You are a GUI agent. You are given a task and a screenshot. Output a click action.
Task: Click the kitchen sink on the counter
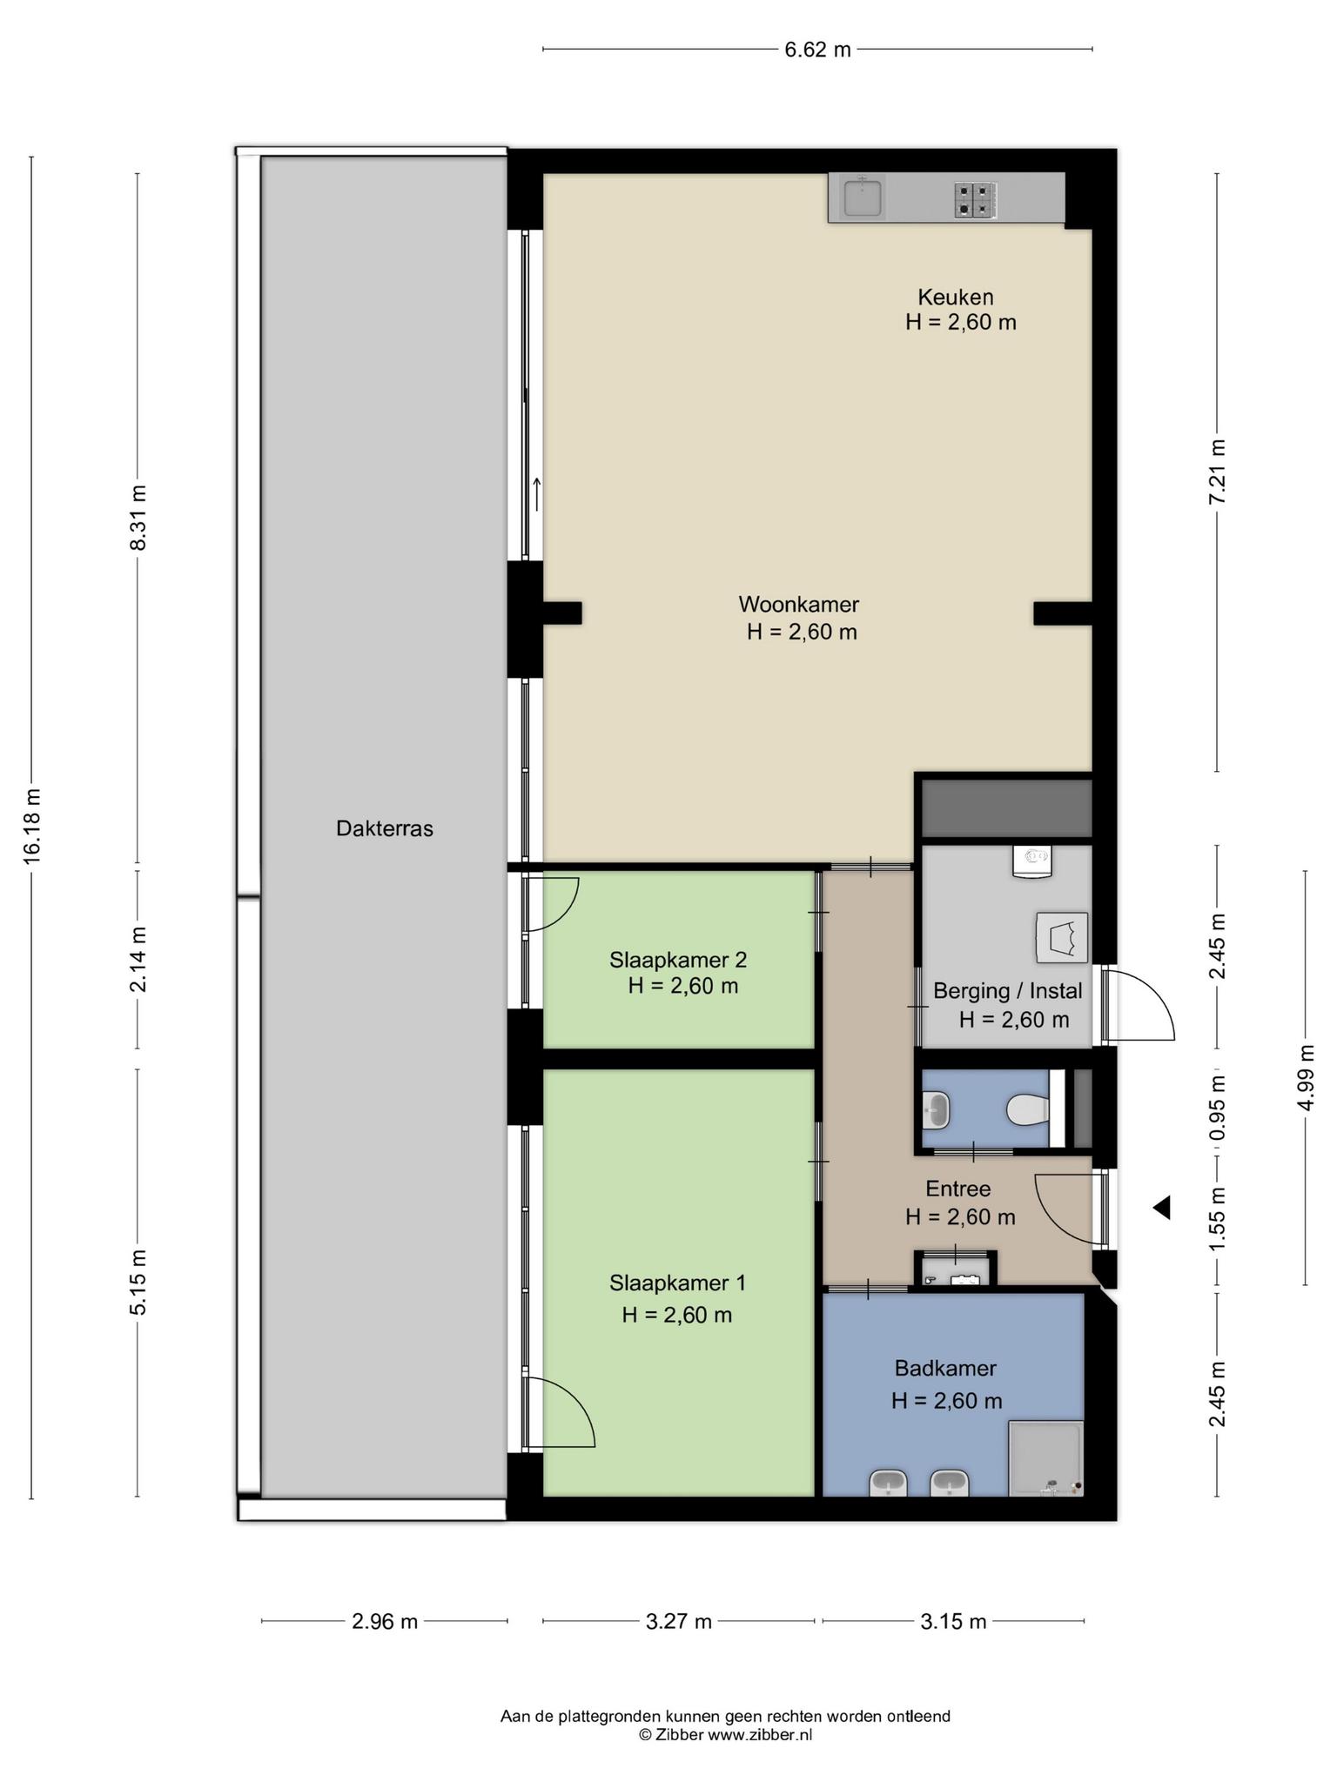[862, 198]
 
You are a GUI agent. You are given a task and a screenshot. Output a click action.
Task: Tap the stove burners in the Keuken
[975, 199]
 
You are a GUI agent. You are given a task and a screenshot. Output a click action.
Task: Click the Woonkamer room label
[799, 604]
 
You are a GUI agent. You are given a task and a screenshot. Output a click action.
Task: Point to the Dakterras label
[385, 828]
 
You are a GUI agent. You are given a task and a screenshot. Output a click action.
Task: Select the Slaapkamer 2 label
[678, 960]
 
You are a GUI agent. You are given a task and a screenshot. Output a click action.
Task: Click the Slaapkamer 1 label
[678, 1283]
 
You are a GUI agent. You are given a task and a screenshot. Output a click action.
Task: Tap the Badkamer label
[945, 1368]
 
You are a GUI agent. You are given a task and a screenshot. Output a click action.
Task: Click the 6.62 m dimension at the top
[818, 50]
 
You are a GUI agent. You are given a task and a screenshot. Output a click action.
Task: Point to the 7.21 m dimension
[1218, 471]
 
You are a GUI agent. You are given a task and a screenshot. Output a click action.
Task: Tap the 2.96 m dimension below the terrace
[385, 1622]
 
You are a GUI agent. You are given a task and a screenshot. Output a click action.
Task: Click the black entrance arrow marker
[1161, 1208]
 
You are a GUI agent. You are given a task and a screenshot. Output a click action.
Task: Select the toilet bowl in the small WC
[1028, 1109]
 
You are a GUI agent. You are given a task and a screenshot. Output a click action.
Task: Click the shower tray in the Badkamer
[1046, 1459]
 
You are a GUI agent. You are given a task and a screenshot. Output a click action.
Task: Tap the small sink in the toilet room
[936, 1109]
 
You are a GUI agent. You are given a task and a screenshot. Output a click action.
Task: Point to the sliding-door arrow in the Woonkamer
[537, 494]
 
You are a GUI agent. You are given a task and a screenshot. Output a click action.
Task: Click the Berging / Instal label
[1008, 991]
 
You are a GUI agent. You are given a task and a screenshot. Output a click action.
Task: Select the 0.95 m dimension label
[1218, 1108]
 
